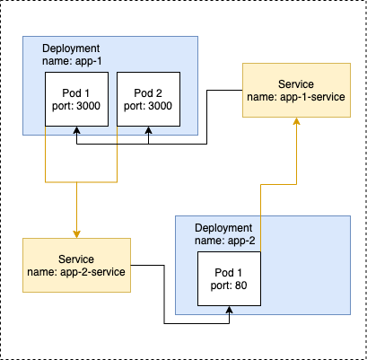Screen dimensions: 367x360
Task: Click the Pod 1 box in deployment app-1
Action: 76,99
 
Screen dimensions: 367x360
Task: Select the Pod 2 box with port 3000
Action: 148,99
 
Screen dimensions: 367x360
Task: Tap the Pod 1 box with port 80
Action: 229,278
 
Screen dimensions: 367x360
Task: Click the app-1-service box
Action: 296,90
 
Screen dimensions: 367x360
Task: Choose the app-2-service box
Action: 76,265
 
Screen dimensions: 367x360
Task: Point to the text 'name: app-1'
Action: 72,61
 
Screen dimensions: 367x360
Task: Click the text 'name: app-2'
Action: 225,241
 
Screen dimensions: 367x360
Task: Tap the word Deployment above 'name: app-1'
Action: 71,48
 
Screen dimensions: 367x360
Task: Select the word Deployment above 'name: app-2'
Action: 223,228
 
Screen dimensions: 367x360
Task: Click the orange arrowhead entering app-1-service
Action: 296,121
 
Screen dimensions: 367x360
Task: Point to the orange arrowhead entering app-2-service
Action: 76,234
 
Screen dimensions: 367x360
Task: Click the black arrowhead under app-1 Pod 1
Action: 77,130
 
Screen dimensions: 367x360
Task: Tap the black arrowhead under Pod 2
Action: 149,130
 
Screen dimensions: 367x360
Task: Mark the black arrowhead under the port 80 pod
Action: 230,310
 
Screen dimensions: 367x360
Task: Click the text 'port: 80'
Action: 229,285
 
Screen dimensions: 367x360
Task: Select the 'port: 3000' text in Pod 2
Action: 148,106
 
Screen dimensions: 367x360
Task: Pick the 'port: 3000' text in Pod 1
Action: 76,106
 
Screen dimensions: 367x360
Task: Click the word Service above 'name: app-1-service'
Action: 296,84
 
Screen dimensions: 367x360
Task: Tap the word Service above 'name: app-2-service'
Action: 76,259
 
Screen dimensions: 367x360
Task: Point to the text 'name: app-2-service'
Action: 76,272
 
